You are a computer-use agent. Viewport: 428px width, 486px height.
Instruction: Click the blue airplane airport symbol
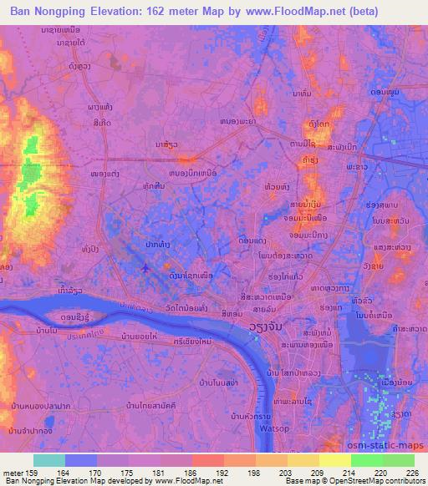coord(147,269)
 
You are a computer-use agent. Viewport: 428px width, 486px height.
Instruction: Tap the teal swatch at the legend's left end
coord(48,460)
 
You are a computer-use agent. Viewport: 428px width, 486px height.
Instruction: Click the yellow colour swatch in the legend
coord(334,460)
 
